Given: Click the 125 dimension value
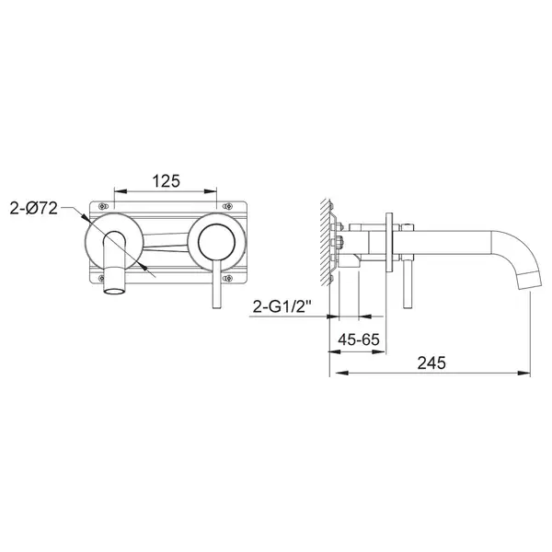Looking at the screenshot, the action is [166, 181].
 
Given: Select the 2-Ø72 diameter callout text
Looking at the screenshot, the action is [33, 209].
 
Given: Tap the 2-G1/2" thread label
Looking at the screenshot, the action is [282, 307].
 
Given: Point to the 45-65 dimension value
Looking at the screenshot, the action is [359, 339].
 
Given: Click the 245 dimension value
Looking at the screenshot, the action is [431, 363].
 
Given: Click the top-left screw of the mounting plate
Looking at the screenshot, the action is [102, 206].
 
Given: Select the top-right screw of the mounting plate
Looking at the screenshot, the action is [227, 206].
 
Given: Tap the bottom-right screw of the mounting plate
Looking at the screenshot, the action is [227, 278].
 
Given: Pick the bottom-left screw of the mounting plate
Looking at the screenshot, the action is [102, 278].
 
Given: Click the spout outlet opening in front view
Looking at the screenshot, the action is [114, 291].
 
